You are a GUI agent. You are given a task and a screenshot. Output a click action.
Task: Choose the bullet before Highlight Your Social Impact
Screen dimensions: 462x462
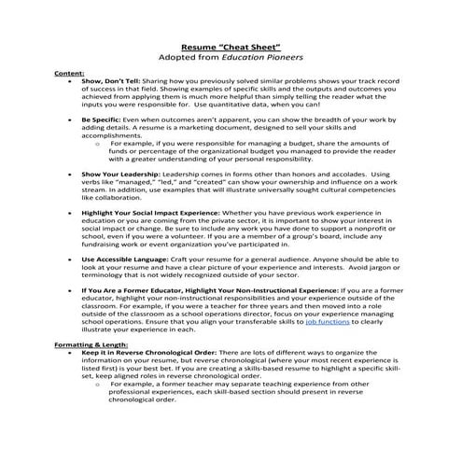pyautogui.click(x=70, y=213)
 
